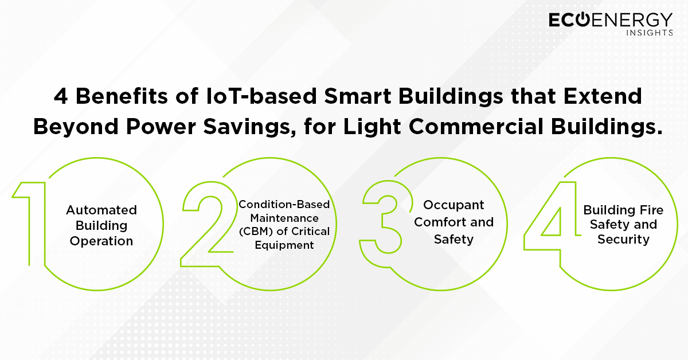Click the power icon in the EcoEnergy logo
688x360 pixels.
tap(582, 19)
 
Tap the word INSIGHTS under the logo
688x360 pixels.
tap(650, 33)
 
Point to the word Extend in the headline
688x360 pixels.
tap(603, 96)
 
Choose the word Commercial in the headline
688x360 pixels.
tap(476, 126)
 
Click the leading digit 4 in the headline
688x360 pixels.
tap(61, 96)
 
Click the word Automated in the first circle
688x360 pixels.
tap(101, 210)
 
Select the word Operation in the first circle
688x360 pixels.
tap(101, 241)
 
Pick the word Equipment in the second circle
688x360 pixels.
tap(284, 245)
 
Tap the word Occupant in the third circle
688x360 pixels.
tap(454, 205)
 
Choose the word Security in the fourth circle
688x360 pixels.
tap(624, 240)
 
